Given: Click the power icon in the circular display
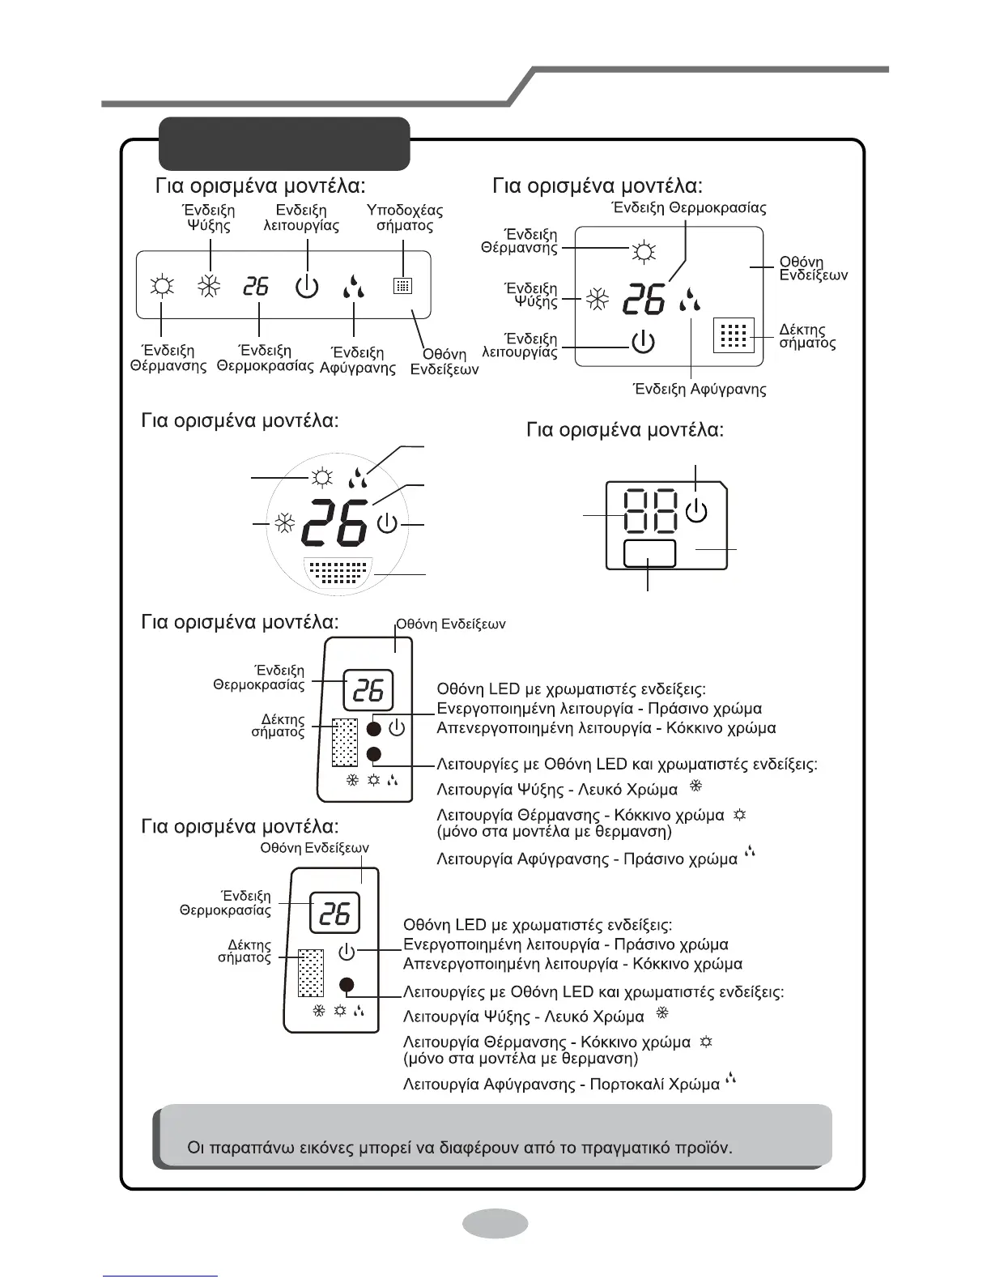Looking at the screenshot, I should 388,523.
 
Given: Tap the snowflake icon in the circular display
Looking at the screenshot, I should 284,525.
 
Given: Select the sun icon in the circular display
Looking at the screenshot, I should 322,478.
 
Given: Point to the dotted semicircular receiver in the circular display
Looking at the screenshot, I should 340,573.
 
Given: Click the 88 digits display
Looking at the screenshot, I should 651,512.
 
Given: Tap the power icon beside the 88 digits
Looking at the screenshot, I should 697,512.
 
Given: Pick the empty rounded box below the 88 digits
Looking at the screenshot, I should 649,555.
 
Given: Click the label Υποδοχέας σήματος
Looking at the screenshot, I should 405,218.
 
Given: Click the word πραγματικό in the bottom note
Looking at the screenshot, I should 624,1148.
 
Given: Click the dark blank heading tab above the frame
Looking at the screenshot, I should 284,143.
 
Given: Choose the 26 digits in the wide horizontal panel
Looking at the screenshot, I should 256,286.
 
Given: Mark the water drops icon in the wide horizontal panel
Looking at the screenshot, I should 353,287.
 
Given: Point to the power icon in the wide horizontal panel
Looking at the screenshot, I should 307,287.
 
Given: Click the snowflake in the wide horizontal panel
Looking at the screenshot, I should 210,287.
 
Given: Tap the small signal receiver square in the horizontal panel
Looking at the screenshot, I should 402,286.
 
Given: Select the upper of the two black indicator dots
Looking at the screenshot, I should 373,728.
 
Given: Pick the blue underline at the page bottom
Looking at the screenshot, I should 161,1276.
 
